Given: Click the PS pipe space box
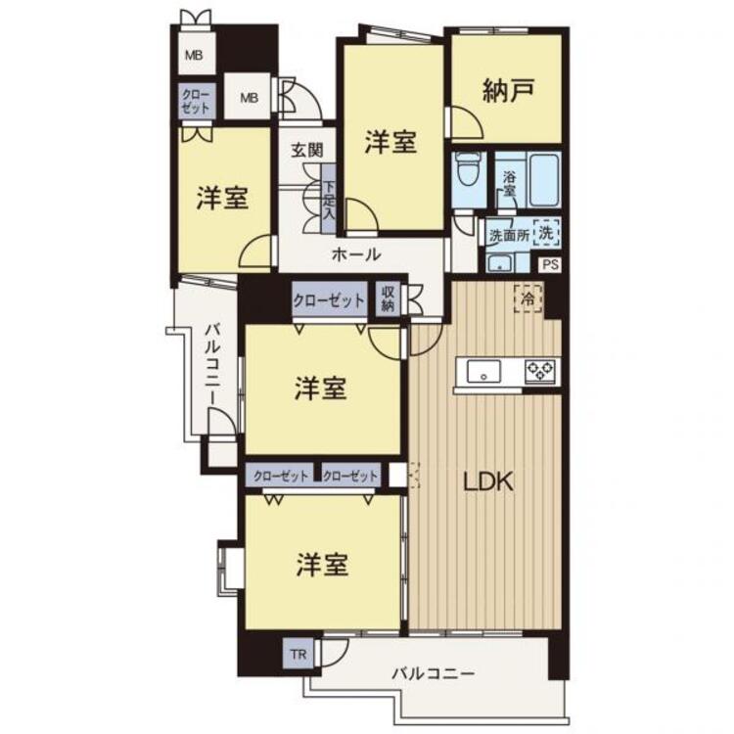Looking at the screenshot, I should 550,264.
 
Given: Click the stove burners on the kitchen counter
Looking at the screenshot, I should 540,371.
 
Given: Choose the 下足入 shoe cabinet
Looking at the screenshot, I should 330,202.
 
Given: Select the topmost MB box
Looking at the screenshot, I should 195,55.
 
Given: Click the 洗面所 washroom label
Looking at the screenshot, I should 509,235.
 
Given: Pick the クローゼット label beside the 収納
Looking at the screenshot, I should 331,300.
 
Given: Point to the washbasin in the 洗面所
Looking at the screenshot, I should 500,262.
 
